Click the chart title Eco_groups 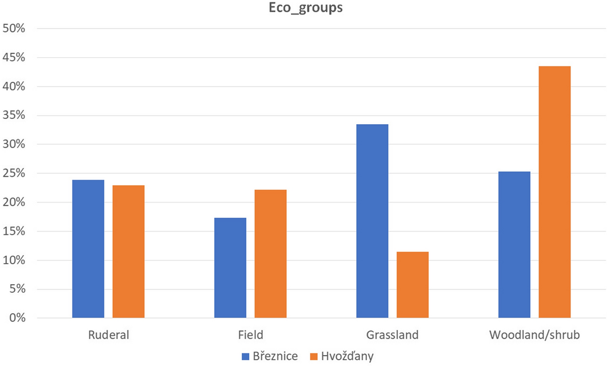tap(303, 9)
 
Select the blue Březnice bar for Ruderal tap(88, 249)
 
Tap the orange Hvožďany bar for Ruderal tap(129, 252)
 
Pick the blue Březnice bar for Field tap(230, 268)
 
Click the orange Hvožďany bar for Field tap(270, 254)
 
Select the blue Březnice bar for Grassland tap(372, 221)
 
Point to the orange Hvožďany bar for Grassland tap(413, 285)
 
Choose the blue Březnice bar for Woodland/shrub tap(514, 245)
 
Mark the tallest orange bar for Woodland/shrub tap(554, 192)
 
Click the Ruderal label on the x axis tap(109, 335)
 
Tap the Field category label tap(250, 335)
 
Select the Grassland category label tap(392, 335)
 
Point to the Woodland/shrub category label tap(534, 335)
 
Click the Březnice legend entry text tap(275, 356)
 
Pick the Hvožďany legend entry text tap(348, 356)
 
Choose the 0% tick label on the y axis tap(17, 318)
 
